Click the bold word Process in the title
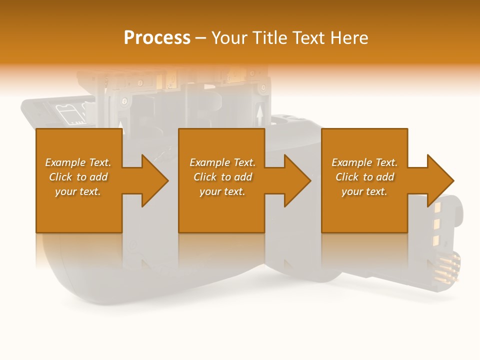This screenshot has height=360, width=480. tap(157, 38)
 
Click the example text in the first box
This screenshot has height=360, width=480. tap(78, 177)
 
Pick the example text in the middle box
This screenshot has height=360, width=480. tap(222, 177)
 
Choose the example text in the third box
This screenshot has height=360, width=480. tap(364, 177)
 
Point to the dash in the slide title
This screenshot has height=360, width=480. tap(201, 38)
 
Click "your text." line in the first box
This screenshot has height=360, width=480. tap(78, 191)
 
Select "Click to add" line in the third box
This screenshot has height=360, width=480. tap(364, 177)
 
